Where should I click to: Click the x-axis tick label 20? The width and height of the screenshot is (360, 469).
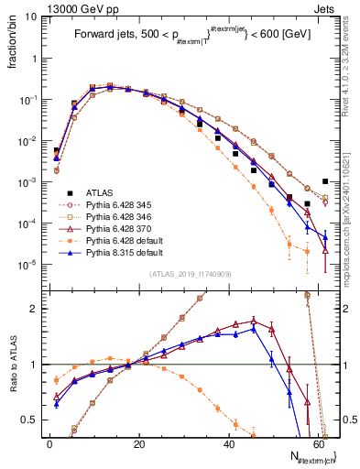[x=139, y=443]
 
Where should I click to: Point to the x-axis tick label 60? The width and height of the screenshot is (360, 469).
[x=318, y=443]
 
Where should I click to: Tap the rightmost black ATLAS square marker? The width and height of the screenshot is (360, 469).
[x=325, y=181]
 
